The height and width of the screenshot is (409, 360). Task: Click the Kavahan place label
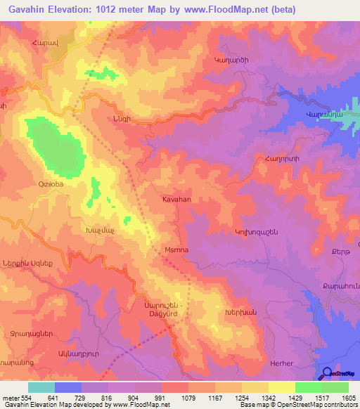[176, 200]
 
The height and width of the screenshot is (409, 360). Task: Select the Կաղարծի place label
[231, 60]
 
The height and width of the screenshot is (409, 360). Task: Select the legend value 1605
[348, 397]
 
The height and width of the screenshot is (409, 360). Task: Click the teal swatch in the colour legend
[41, 387]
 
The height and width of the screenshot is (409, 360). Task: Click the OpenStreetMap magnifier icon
[328, 374]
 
